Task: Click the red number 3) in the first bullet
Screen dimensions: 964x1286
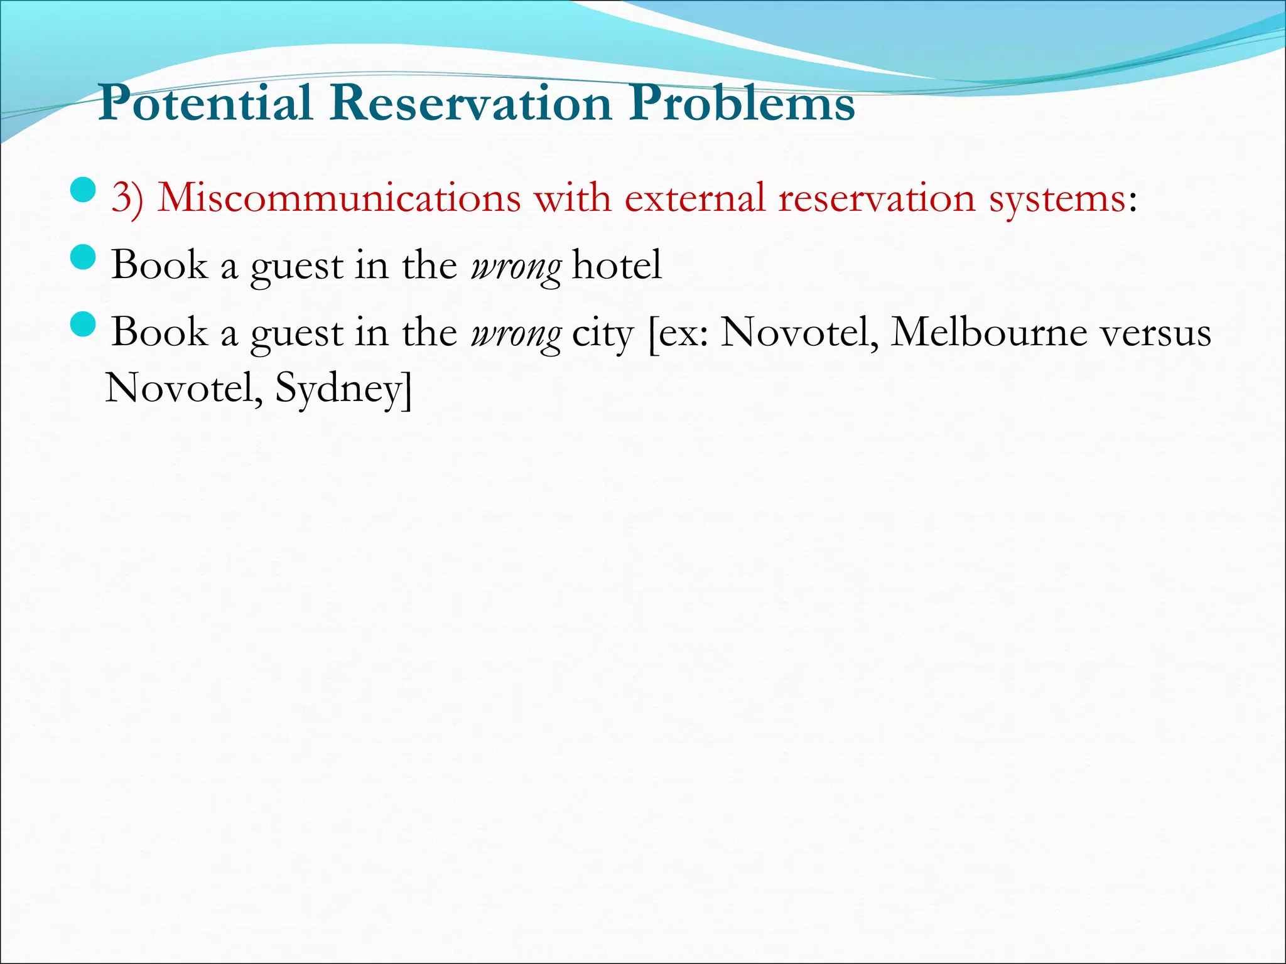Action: pos(127,199)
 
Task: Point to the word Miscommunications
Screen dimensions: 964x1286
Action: pos(339,199)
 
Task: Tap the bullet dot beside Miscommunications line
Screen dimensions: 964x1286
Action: pos(83,190)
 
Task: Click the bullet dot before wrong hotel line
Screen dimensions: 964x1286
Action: pos(83,257)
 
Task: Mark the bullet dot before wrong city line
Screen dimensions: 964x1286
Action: pos(83,324)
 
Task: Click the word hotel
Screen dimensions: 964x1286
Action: pos(617,265)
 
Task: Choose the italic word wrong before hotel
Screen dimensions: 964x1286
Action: pos(516,267)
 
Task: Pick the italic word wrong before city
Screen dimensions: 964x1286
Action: pos(516,334)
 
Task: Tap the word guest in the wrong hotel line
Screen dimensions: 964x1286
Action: pos(296,267)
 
